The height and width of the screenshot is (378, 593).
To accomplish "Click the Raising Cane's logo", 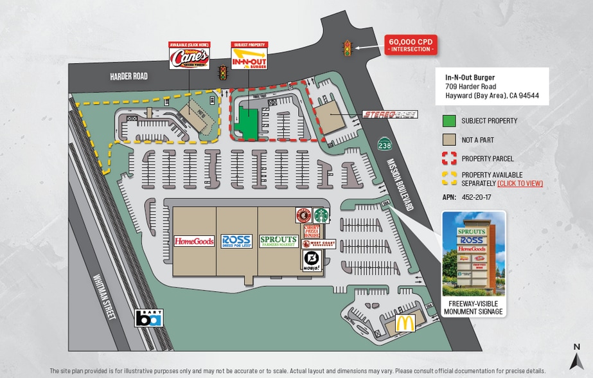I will tap(189, 59).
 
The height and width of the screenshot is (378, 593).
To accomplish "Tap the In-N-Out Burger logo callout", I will tap(249, 58).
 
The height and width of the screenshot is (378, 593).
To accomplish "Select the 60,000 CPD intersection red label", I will tap(411, 45).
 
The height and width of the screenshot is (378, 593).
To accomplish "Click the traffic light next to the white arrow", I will tap(348, 48).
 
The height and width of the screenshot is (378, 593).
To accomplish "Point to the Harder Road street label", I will tap(128, 76).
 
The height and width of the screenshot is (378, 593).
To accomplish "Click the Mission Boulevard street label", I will tap(400, 185).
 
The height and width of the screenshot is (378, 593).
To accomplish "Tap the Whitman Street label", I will tap(103, 297).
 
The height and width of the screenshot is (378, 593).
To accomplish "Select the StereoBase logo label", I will tap(390, 114).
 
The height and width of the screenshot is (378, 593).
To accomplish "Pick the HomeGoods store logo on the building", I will tap(194, 241).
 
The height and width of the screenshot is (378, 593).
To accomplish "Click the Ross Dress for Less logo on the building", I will tap(236, 241).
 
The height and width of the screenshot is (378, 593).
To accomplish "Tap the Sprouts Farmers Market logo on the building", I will tap(278, 241).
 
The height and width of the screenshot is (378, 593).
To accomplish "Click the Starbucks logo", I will tap(321, 215).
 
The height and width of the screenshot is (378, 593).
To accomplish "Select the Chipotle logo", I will tap(303, 215).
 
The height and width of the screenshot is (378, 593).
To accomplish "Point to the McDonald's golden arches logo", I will tap(405, 323).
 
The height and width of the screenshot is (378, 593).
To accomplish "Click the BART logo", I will tap(148, 318).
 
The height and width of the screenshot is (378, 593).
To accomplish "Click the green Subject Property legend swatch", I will tap(449, 121).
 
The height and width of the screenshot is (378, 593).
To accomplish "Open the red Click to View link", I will tap(520, 183).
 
